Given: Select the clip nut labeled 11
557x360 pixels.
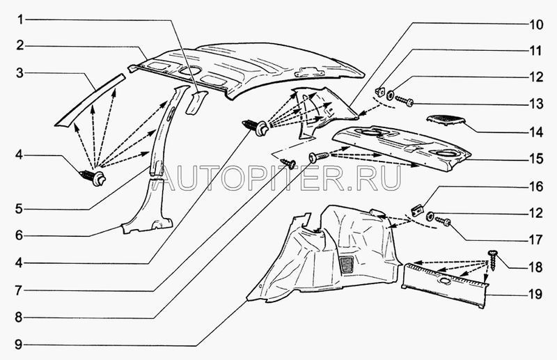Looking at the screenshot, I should (x=382, y=89).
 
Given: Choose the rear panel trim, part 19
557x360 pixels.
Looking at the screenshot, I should (x=446, y=284).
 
